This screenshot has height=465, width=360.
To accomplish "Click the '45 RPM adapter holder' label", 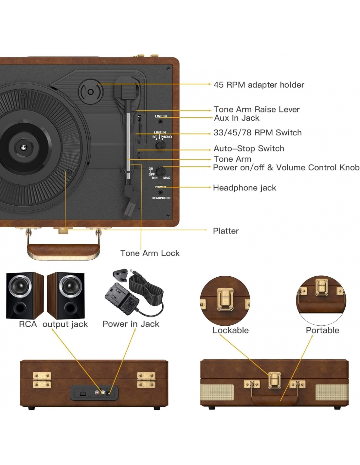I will tap(259, 85).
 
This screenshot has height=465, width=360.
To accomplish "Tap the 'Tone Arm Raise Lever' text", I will tap(256, 109).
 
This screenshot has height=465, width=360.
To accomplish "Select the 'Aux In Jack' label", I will tap(236, 118).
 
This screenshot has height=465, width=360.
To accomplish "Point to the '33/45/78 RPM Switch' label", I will tap(257, 133).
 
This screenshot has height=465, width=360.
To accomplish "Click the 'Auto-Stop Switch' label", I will tap(249, 148).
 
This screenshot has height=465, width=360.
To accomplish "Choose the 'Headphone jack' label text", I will tap(244, 188).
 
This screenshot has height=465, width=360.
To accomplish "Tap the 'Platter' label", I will tap(225, 231).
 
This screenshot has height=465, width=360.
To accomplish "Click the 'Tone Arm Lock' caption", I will tap(150, 253).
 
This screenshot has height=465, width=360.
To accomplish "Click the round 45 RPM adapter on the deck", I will tap(90, 92).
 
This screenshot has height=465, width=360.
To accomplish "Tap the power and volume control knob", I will tap(160, 171).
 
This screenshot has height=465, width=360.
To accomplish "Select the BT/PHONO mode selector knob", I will tap(160, 145).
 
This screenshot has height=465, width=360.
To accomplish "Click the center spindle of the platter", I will tap(23, 148).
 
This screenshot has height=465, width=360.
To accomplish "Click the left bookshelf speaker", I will tap(25, 296).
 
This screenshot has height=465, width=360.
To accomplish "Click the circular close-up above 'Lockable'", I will tap(225, 300).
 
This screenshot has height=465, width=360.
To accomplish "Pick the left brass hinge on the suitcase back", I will tap(42, 380).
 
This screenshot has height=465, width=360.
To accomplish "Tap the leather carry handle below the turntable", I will tap(63, 250).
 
